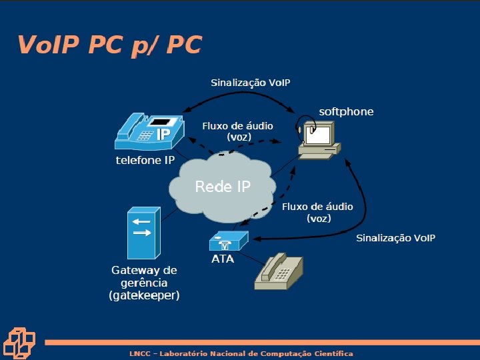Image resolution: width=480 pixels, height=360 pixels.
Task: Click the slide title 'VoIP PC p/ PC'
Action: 109,45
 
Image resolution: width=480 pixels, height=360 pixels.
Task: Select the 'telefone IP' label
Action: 145,161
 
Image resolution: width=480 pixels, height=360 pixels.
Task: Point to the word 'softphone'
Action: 346,111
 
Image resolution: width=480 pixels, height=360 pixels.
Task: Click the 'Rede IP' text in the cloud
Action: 223,187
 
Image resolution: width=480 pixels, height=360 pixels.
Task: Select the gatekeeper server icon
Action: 142,233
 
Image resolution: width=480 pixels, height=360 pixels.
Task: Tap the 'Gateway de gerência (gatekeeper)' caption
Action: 144,283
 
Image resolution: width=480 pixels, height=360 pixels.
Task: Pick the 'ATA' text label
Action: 223,259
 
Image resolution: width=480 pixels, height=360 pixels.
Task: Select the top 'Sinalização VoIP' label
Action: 251,83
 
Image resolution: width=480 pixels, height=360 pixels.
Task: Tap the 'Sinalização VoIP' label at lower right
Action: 395,238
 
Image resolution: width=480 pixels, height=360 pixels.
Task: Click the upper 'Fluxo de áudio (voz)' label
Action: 237,131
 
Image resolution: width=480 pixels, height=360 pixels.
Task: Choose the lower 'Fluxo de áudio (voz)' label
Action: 318,212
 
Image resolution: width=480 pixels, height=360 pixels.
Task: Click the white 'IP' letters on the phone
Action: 163,135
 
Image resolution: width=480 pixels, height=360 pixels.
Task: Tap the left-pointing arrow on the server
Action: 141,221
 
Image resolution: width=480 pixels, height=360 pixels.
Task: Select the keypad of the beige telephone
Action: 285,274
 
